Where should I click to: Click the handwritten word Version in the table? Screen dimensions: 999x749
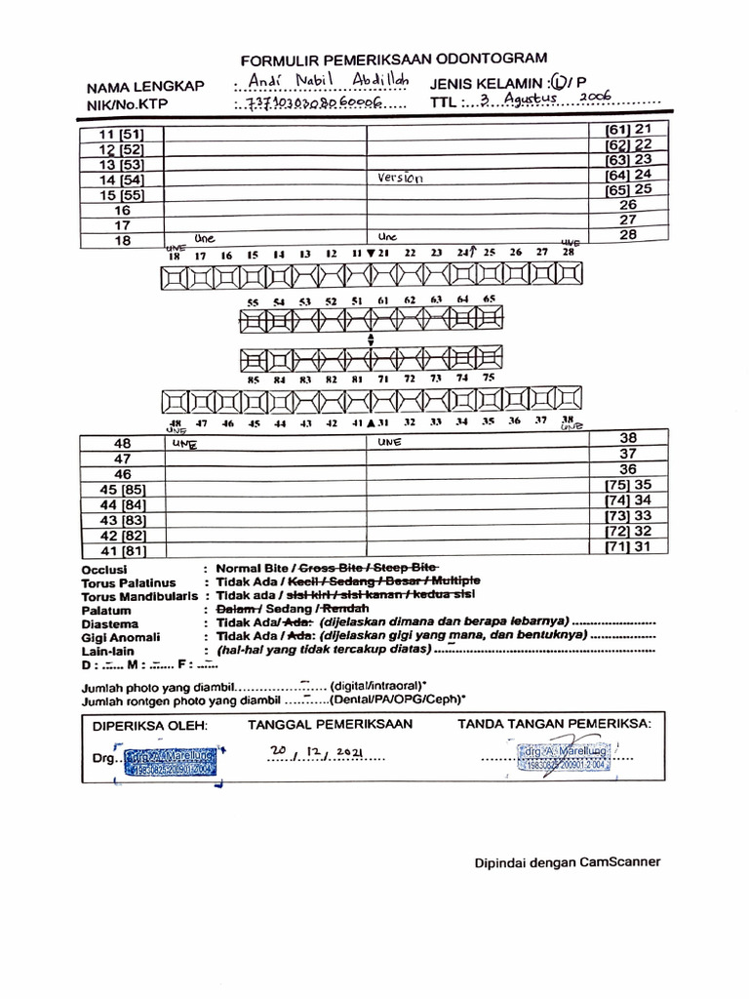click(x=399, y=179)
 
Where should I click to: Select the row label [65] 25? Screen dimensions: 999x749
click(x=629, y=189)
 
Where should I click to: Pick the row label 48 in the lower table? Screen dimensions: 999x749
click(x=122, y=443)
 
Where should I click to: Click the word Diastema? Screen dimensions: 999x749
click(x=110, y=623)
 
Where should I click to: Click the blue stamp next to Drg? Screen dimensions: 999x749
click(x=173, y=762)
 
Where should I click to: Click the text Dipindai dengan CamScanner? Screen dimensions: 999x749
click(x=568, y=861)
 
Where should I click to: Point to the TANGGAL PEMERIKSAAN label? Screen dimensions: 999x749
click(x=330, y=724)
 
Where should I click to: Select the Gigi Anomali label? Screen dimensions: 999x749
click(x=120, y=636)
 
